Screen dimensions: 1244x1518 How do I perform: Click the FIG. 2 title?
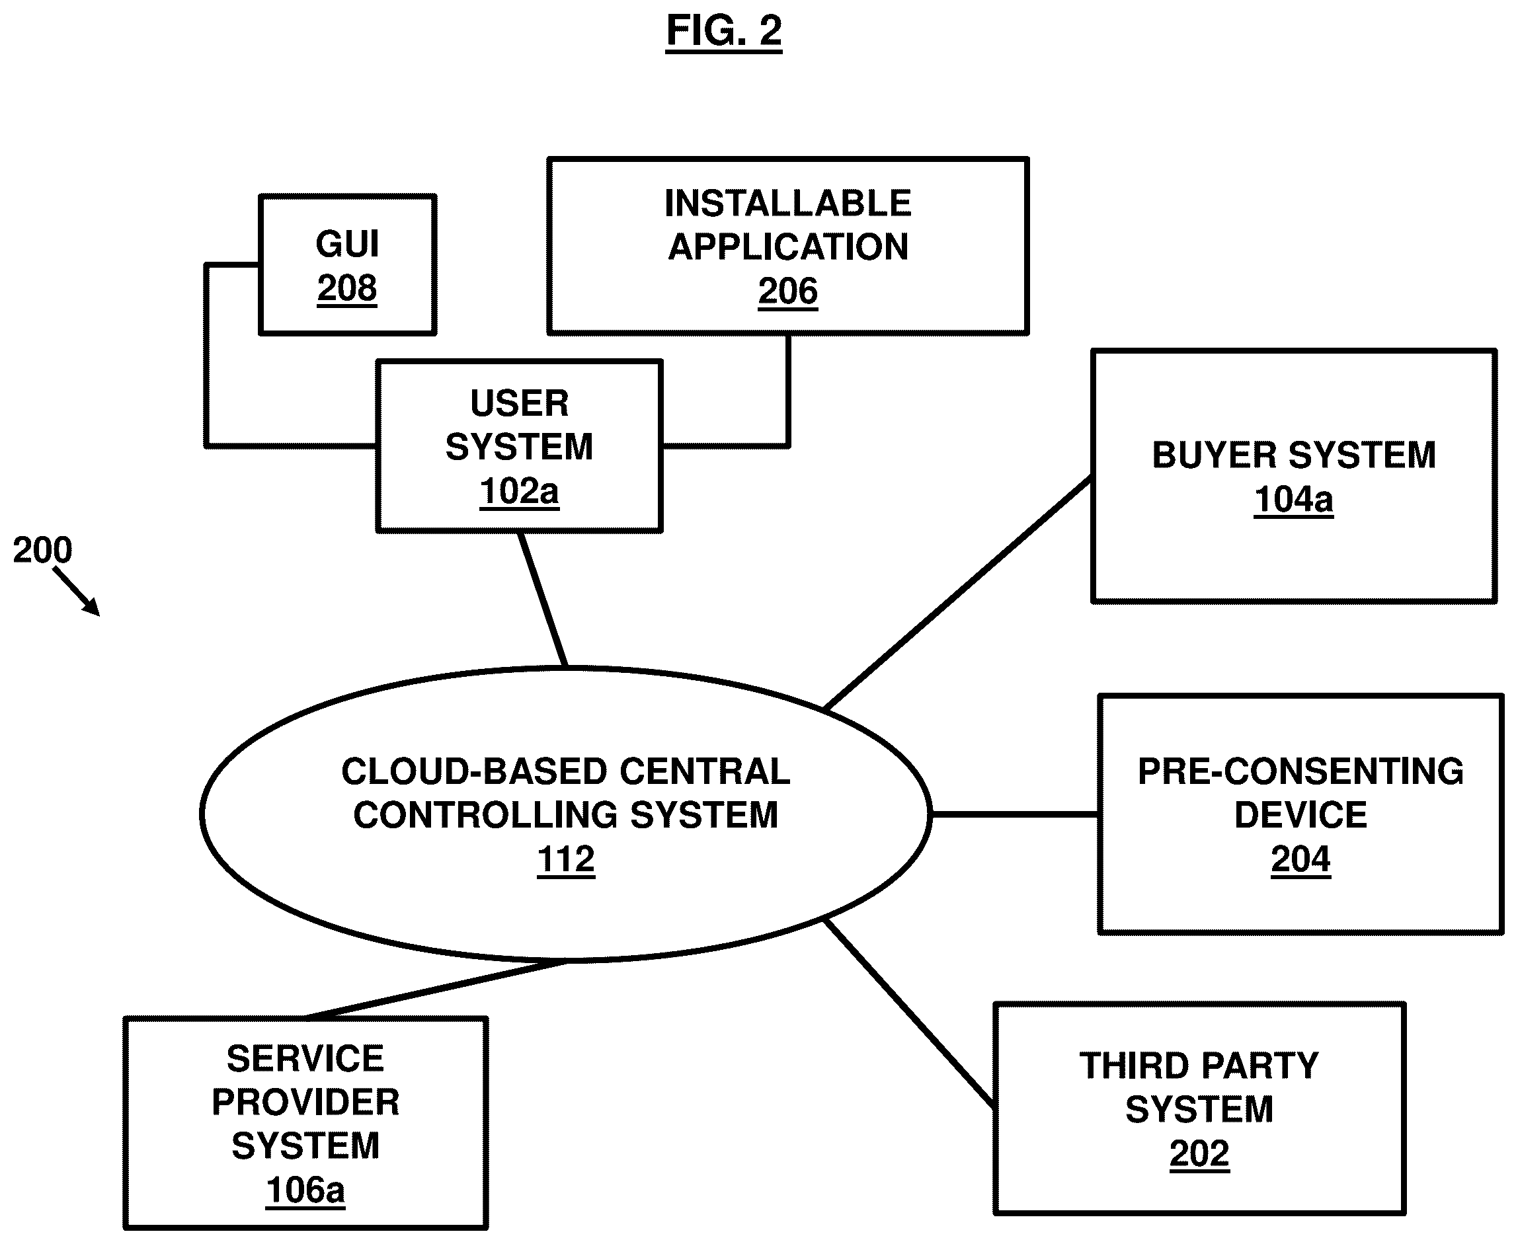coord(723,31)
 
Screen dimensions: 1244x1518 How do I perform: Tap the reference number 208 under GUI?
coord(347,288)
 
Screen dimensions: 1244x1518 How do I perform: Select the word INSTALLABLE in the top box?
coord(787,204)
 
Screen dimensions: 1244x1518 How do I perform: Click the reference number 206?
coord(787,291)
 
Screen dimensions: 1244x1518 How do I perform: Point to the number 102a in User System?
coord(519,492)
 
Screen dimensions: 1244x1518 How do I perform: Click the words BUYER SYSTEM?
coord(1294,455)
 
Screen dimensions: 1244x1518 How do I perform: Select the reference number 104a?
coord(1294,500)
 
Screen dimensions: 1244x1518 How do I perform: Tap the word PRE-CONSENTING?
coord(1300,772)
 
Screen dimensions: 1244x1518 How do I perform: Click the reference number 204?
coord(1300,859)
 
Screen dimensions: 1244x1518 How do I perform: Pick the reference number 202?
coord(1199,1153)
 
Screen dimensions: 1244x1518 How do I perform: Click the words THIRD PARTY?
coord(1199,1066)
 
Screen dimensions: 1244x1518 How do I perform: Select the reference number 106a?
coord(305,1190)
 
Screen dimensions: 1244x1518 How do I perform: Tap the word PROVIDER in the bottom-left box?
coord(305,1102)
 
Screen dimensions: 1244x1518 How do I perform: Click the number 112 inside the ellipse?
coord(565,859)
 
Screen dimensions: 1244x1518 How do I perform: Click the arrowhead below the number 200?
coord(93,608)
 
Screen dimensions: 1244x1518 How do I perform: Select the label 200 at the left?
coord(42,551)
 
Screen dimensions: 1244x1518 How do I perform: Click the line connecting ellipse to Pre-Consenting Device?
coord(1014,815)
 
